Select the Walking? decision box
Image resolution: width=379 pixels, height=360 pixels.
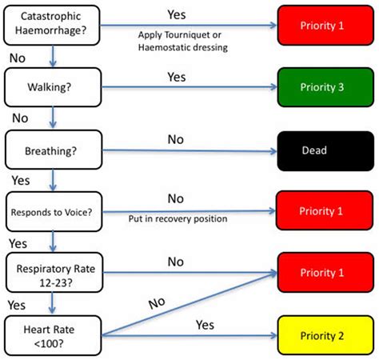(53, 86)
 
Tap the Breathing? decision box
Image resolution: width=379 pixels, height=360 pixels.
(53, 149)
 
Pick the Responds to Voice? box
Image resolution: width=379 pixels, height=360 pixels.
(53, 212)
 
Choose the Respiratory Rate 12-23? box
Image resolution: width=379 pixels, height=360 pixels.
(53, 274)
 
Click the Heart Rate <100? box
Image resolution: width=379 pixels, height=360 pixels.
(53, 334)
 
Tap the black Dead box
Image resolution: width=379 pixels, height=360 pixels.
(324, 150)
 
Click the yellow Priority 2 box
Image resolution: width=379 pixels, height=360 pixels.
(324, 334)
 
